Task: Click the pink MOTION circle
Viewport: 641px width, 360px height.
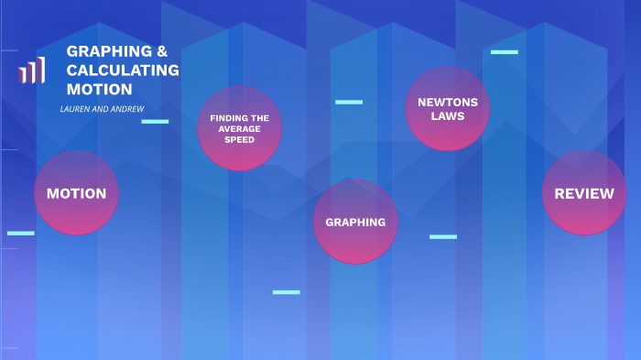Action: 76,193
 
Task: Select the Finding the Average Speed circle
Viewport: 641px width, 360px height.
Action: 240,128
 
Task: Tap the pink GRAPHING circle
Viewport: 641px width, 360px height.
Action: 355,222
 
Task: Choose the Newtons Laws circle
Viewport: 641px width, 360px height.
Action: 448,109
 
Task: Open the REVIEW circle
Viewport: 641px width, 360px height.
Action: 584,193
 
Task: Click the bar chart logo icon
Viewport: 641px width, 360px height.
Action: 31,71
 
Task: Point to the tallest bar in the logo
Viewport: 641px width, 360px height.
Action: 41,71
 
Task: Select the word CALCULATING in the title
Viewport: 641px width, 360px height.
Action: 123,71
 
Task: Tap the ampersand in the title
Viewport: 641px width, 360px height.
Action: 162,51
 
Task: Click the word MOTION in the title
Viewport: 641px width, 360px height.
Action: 99,89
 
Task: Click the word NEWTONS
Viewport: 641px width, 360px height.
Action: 448,103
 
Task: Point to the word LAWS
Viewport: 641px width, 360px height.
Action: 448,116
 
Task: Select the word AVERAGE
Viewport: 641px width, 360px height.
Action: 240,129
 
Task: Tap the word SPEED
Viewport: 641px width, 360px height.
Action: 240,139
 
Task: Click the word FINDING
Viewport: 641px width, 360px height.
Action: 224,118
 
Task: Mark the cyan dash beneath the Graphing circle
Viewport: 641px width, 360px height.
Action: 286,292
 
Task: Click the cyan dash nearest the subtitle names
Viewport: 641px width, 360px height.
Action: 155,122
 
